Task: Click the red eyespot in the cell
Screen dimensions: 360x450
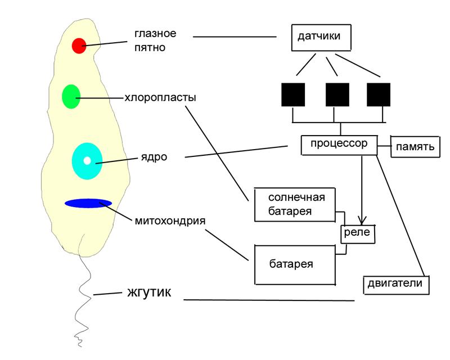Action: pyautogui.click(x=79, y=45)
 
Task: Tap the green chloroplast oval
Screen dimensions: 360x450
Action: pyautogui.click(x=71, y=96)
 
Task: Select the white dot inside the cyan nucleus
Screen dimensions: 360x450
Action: pyautogui.click(x=87, y=161)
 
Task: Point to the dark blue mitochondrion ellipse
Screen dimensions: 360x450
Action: pyautogui.click(x=88, y=203)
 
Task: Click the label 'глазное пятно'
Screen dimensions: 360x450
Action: pyautogui.click(x=155, y=40)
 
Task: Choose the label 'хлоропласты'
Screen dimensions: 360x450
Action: pyautogui.click(x=160, y=97)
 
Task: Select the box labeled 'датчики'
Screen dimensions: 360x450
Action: pyautogui.click(x=322, y=38)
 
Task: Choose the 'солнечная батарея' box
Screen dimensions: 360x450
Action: pyautogui.click(x=295, y=204)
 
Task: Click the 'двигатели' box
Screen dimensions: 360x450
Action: pyautogui.click(x=396, y=283)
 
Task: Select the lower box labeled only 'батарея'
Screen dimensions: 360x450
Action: pyautogui.click(x=295, y=264)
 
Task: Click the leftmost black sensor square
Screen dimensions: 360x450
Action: pyautogui.click(x=293, y=94)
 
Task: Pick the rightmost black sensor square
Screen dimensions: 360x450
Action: pyautogui.click(x=378, y=94)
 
